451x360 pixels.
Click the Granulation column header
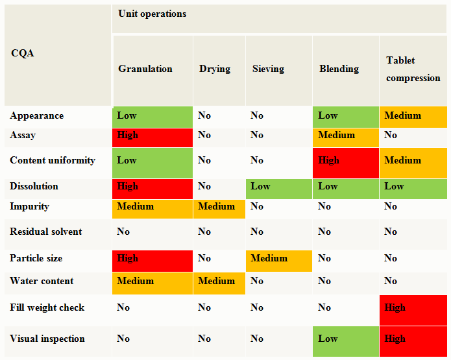(x=145, y=69)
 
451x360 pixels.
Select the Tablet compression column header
(x=413, y=69)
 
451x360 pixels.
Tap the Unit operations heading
(x=152, y=14)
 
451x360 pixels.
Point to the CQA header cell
(x=23, y=53)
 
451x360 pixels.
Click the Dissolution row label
(x=34, y=187)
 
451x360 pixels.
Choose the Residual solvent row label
(x=46, y=232)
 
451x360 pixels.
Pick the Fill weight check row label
(x=47, y=307)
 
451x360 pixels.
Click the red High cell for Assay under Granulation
(x=152, y=136)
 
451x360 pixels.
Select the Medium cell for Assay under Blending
(x=345, y=136)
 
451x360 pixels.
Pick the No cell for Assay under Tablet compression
(x=413, y=136)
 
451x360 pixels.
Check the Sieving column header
(x=268, y=69)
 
